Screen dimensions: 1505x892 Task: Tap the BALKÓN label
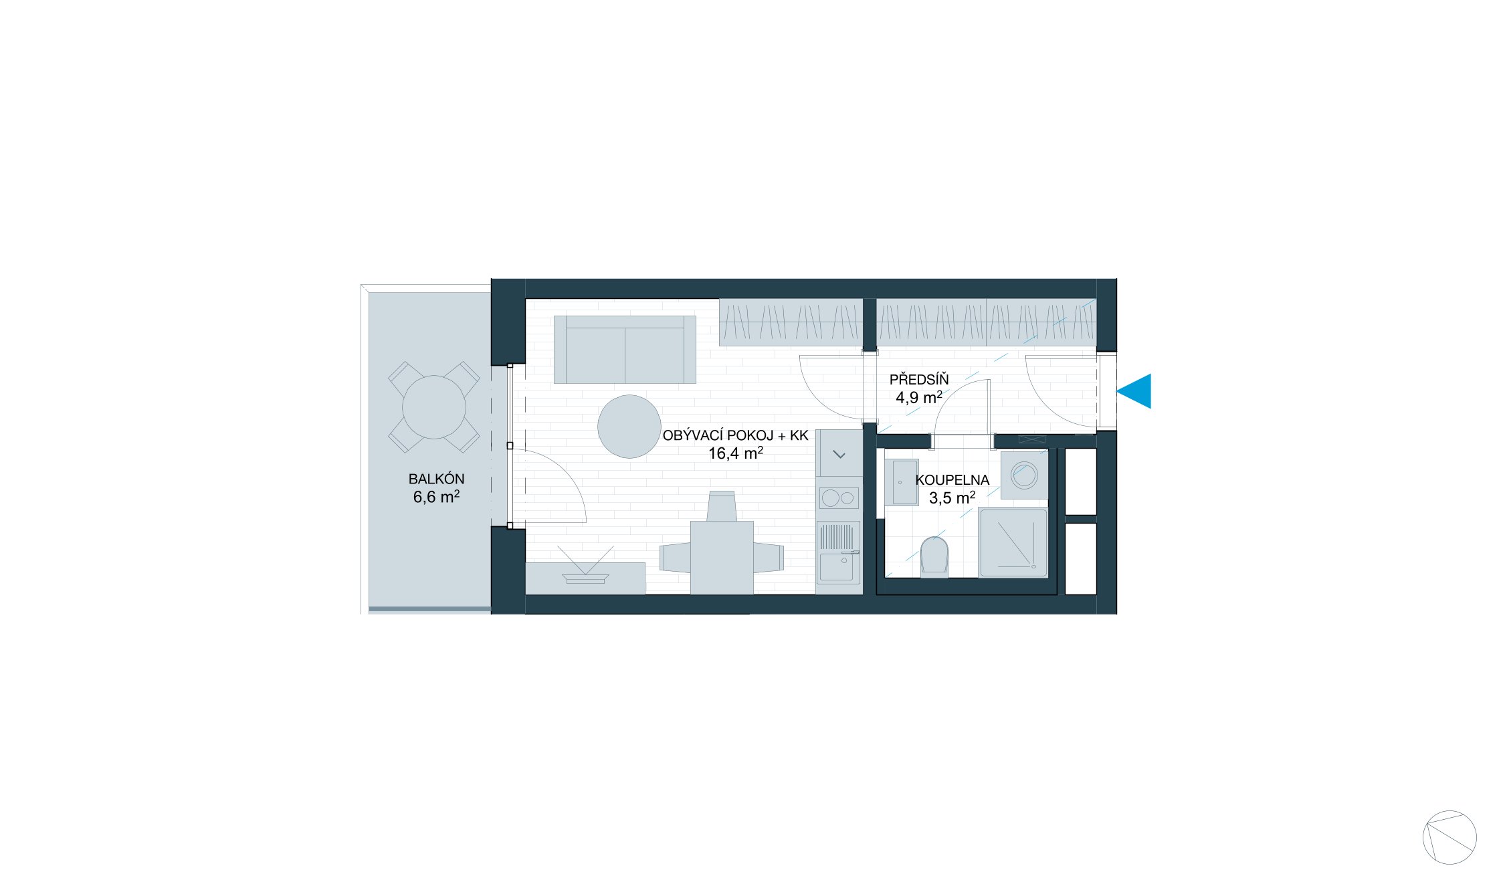[x=436, y=479]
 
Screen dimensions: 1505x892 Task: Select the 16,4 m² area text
[x=735, y=453]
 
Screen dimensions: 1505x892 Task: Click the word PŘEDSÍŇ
[x=918, y=380]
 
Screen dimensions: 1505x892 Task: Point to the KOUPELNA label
[x=952, y=479]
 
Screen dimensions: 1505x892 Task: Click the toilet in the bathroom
[x=934, y=557]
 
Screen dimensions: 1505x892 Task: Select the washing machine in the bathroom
[x=1024, y=475]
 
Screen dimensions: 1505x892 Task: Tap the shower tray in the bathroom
[x=1013, y=543]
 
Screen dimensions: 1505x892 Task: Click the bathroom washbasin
[x=901, y=482]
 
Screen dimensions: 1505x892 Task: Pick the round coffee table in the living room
[x=629, y=427]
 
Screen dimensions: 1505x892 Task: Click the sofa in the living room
[x=625, y=350]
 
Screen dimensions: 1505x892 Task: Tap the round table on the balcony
[x=434, y=407]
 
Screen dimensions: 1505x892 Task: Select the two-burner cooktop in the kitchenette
[x=839, y=498]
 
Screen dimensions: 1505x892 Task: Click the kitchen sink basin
[x=837, y=567]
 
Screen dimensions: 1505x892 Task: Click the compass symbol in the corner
[x=1449, y=837]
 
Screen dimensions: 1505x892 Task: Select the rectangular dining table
[x=722, y=558]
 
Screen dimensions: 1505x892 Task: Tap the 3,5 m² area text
[x=952, y=497]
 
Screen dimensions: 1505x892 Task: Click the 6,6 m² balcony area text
[x=436, y=497]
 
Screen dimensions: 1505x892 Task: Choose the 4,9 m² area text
[x=918, y=398]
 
